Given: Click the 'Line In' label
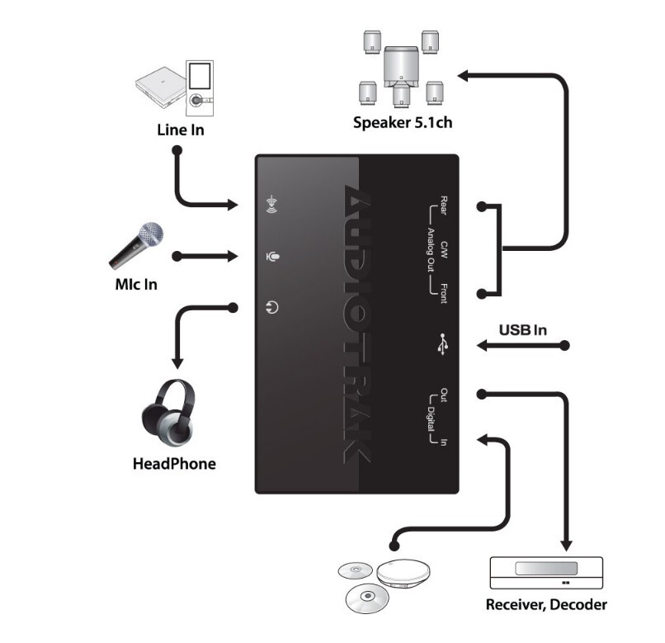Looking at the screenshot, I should tap(181, 130).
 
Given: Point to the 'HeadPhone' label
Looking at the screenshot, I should tap(174, 464).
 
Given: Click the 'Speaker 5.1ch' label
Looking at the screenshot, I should tap(402, 124).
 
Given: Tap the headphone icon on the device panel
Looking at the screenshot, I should tap(272, 308).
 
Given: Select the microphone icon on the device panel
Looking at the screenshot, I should tap(272, 256).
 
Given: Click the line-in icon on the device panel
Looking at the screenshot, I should tap(271, 204).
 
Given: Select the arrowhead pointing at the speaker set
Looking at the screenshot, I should tap(464, 77).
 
